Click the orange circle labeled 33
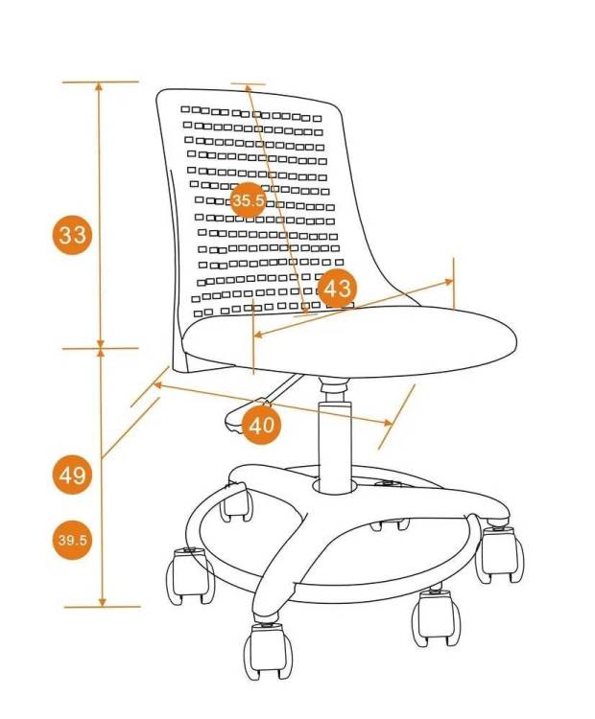73,235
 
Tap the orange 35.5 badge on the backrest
248,200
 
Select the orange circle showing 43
338,289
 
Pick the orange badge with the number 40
261,425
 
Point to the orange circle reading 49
73,475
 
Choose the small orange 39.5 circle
73,540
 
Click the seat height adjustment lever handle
241,416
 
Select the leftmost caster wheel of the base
190,575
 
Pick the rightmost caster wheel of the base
499,554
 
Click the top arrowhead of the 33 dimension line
99,86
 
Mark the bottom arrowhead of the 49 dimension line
102,602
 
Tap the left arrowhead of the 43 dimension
258,335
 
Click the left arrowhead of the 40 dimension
157,385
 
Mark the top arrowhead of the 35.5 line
248,88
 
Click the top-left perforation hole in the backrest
185,109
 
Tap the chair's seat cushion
350,340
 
